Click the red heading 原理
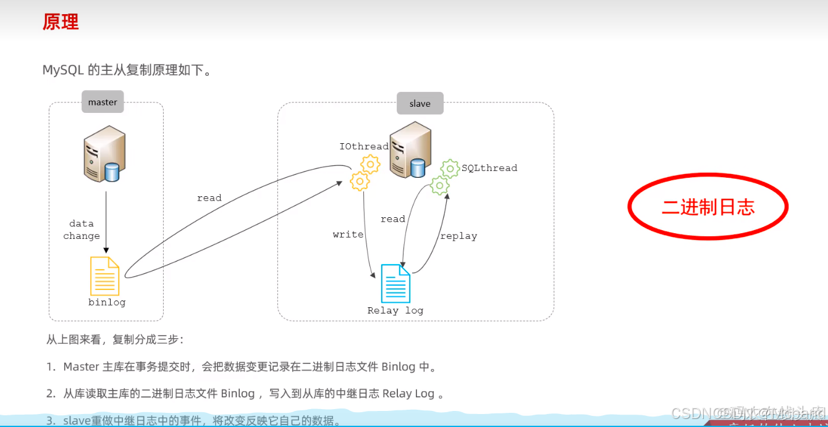(61, 22)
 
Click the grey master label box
(103, 102)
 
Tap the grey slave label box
(420, 103)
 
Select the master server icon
(104, 154)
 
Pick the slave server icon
(409, 149)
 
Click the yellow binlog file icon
(104, 276)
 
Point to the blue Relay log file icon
(395, 283)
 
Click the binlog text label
(107, 302)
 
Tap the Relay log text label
(395, 310)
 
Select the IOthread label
(364, 146)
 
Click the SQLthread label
(489, 168)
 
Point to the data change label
(81, 230)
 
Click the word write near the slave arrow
(348, 234)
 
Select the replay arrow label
(458, 236)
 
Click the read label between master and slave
(209, 198)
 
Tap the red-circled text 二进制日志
(708, 207)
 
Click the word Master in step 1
(81, 367)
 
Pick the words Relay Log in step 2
(408, 394)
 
